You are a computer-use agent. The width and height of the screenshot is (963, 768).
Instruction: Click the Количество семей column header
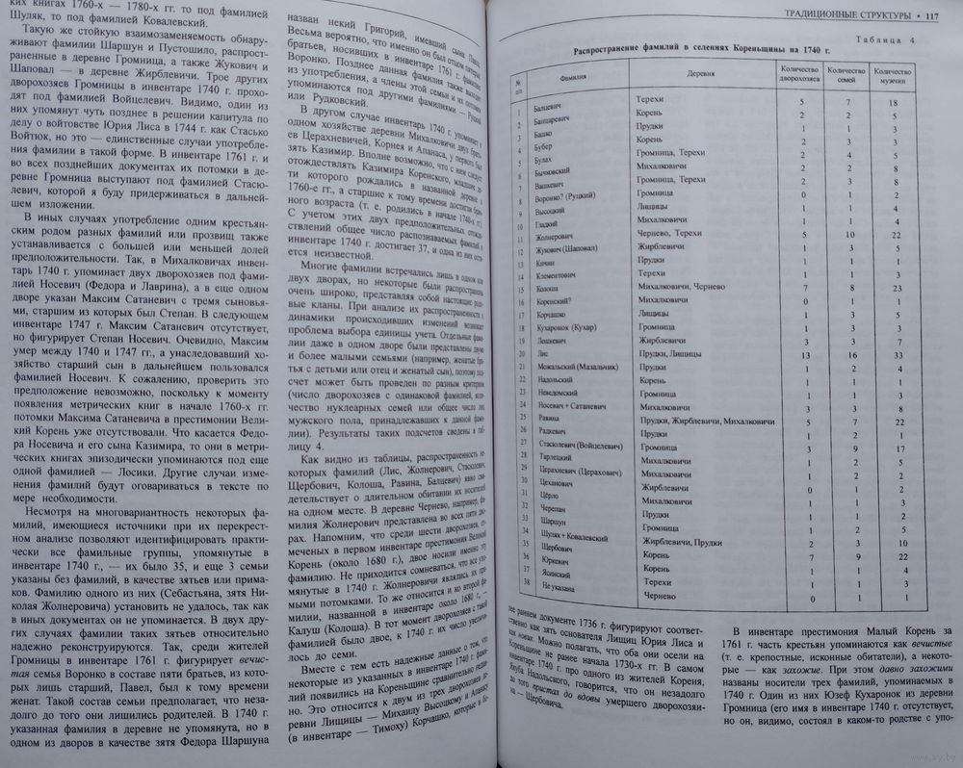click(844, 73)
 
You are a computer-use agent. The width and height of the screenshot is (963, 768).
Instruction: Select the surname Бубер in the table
click(542, 152)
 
